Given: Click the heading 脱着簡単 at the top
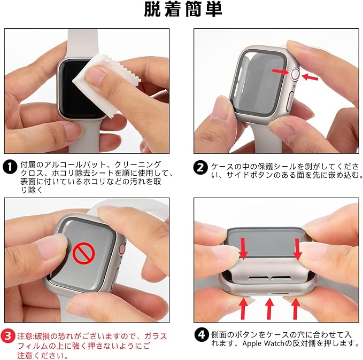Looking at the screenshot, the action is [x=183, y=10].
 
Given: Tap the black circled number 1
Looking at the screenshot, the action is [x=10, y=167].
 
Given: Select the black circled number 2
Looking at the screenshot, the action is [x=200, y=168].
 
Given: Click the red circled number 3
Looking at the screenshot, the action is [x=8, y=336].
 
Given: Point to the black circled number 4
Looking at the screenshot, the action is [x=202, y=335].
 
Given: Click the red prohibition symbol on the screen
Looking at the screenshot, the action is [x=84, y=253].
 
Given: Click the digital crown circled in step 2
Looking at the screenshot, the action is [x=296, y=74].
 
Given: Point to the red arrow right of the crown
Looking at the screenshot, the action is [x=310, y=77].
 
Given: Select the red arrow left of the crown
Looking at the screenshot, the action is [x=281, y=72].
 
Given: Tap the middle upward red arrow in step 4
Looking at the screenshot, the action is [x=269, y=309].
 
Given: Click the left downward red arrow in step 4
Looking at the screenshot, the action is [x=243, y=248].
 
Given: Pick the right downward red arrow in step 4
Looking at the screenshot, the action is [x=297, y=249].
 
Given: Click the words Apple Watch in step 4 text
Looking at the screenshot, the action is [x=263, y=343].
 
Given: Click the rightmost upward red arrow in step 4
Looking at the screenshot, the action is [x=295, y=309].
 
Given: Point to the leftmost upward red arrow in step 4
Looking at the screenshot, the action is [x=243, y=309].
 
